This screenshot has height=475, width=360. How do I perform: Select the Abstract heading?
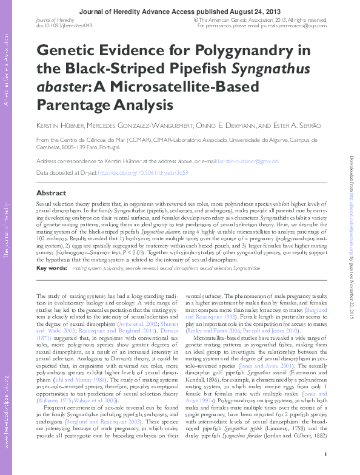[x=52, y=193]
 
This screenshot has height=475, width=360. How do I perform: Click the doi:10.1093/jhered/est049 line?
[x=64, y=25]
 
